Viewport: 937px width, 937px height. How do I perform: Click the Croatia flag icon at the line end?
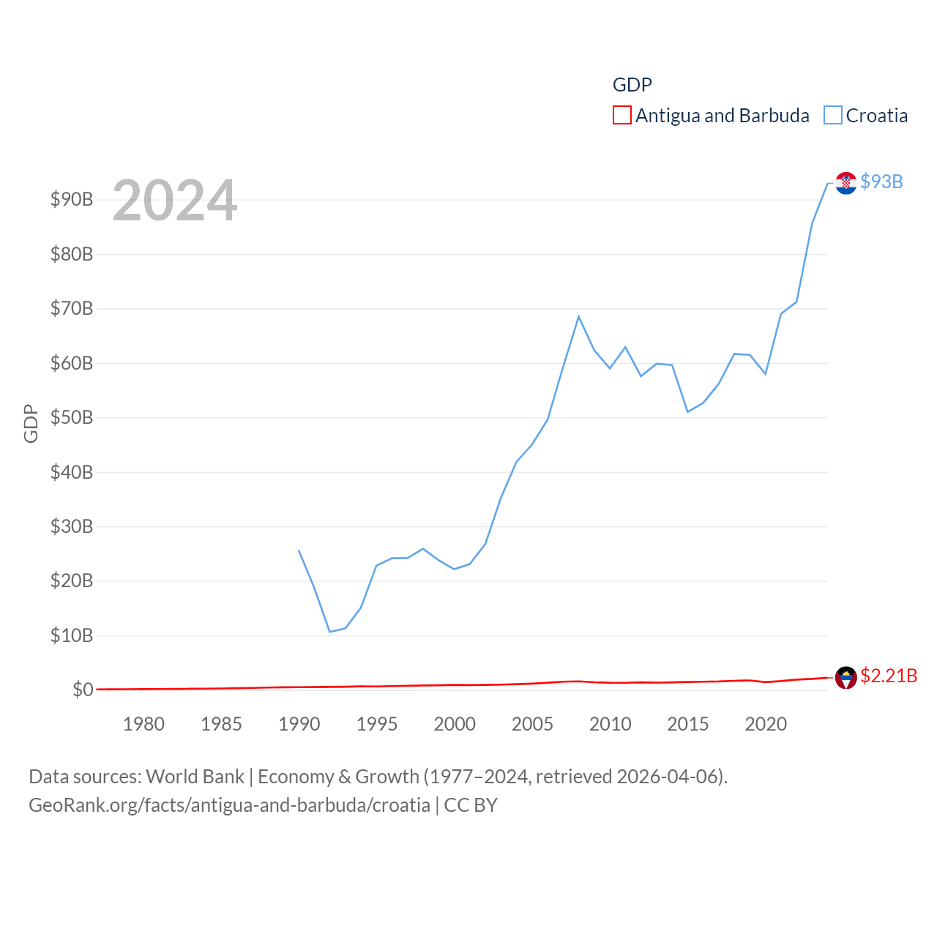(x=846, y=183)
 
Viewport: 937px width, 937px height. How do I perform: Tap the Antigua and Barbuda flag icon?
(x=846, y=678)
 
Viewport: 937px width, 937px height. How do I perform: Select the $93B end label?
(x=881, y=182)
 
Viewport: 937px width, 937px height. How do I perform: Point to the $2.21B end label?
(x=889, y=676)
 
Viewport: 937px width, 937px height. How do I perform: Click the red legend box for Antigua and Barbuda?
(x=622, y=116)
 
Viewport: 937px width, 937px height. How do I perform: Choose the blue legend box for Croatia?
(x=833, y=116)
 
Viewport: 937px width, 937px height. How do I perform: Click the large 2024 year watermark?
(x=175, y=201)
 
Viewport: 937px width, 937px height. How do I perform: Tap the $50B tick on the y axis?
(x=72, y=417)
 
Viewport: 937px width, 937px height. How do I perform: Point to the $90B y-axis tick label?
(x=72, y=199)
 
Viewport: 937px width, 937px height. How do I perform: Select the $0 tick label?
(x=83, y=690)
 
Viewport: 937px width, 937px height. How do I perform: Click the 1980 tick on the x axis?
(x=143, y=724)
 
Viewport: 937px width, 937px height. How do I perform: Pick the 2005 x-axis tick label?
(x=532, y=724)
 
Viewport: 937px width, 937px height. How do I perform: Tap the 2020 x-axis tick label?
(x=766, y=724)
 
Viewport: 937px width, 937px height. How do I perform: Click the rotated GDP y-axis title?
(x=31, y=423)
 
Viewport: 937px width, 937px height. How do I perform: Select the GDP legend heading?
(x=632, y=85)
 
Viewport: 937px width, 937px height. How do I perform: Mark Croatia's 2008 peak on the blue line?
(x=578, y=316)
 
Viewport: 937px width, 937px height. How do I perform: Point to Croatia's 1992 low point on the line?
(x=330, y=632)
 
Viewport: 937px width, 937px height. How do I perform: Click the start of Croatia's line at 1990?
(x=299, y=550)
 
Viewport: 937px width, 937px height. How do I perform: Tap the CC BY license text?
(x=471, y=805)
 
